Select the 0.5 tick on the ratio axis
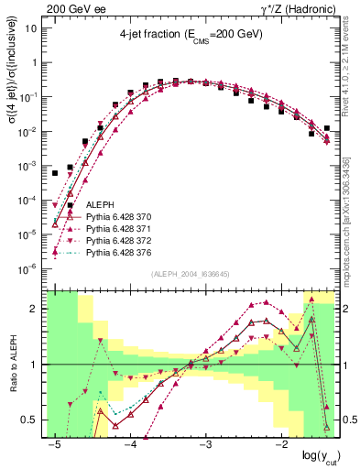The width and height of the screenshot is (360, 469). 35,420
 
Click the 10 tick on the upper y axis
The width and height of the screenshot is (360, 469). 33,28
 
